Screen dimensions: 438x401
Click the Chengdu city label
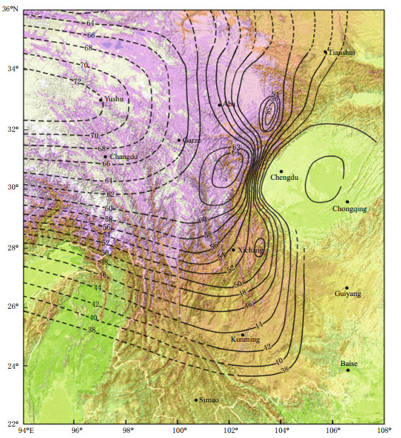point(283,178)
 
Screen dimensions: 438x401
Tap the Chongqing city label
point(350,209)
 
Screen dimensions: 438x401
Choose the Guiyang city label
point(348,294)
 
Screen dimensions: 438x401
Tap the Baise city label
point(347,364)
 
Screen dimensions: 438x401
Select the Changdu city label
point(123,157)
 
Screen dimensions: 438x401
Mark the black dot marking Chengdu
point(281,171)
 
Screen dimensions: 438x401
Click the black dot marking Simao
point(196,400)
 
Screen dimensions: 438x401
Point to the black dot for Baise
point(348,370)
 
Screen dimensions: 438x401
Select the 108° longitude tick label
point(385,431)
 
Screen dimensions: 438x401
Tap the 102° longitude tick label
point(231,431)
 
